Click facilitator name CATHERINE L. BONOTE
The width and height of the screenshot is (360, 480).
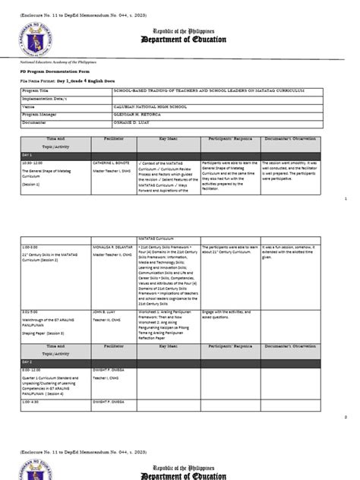click(115, 184)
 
